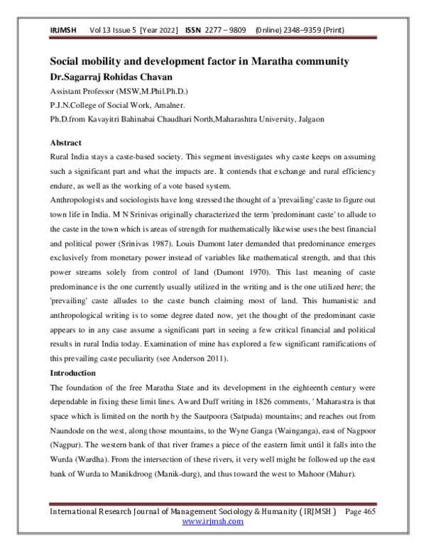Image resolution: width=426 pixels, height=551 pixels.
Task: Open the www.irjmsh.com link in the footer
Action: tap(212, 541)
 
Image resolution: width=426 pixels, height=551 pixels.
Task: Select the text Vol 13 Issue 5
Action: tap(113, 31)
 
